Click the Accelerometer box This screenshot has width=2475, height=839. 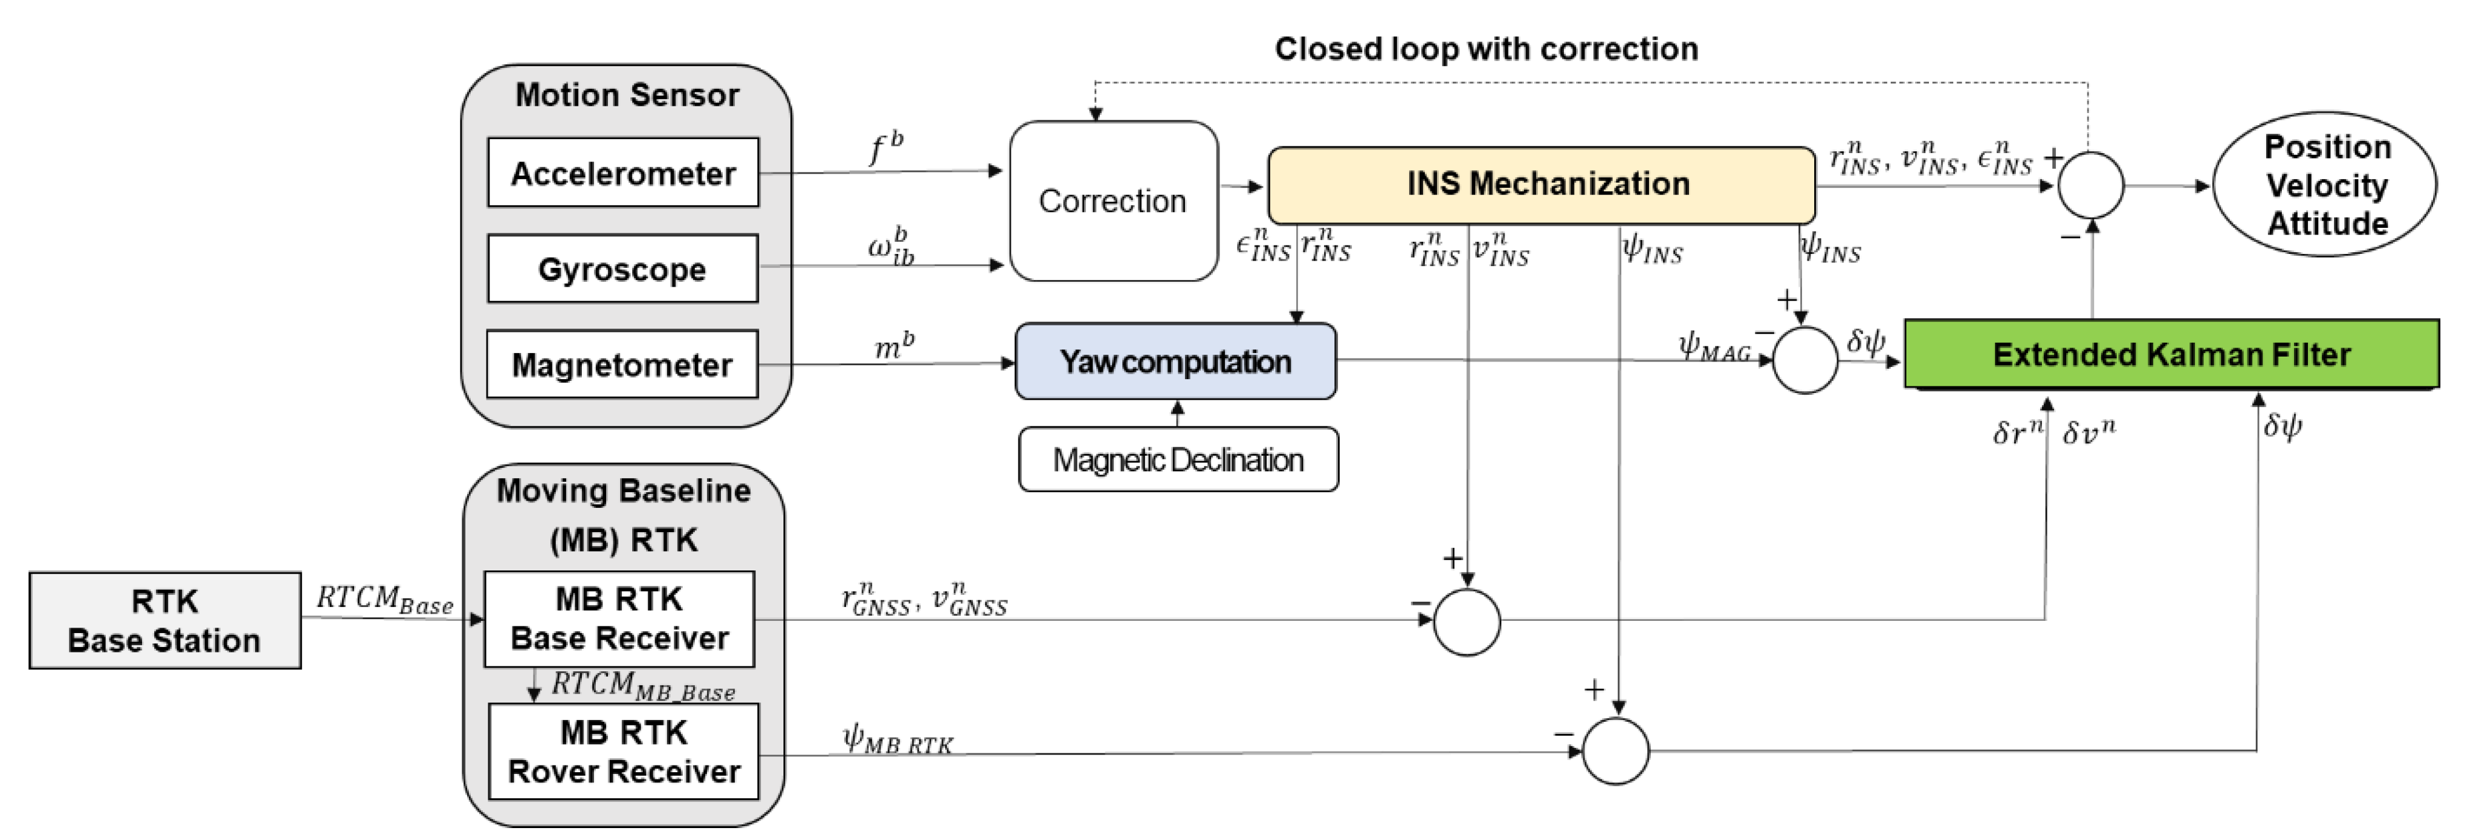coord(623,173)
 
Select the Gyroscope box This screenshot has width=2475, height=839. coord(623,269)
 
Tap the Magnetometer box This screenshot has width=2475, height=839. coord(623,365)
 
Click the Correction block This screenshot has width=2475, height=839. coord(1113,201)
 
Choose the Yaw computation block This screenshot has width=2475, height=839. coord(1175,361)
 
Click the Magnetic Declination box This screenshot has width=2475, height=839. coord(1178,459)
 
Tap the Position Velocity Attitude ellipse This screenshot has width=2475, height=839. coord(2325,185)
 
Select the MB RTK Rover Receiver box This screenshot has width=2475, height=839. coord(624,752)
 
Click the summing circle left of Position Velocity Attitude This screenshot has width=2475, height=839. coord(2091,185)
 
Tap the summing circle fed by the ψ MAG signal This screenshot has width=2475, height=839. coord(1804,360)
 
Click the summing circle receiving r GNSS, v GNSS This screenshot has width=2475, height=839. coord(1466,622)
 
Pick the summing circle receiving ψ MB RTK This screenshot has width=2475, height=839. coord(1615,750)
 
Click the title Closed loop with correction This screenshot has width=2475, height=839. coord(1486,49)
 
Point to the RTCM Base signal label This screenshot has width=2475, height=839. coord(384,600)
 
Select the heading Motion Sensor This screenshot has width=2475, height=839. coord(626,95)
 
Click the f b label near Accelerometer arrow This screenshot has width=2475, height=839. coord(885,148)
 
